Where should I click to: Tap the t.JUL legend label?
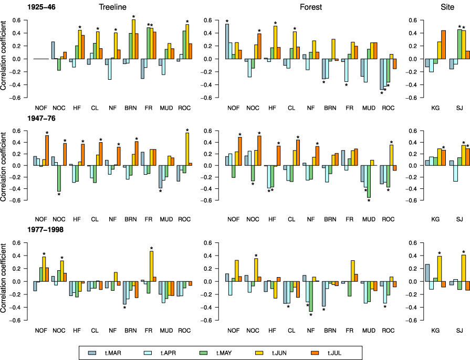[x=335, y=353]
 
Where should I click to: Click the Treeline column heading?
[x=113, y=7]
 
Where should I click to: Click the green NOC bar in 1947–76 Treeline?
[x=59, y=178]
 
